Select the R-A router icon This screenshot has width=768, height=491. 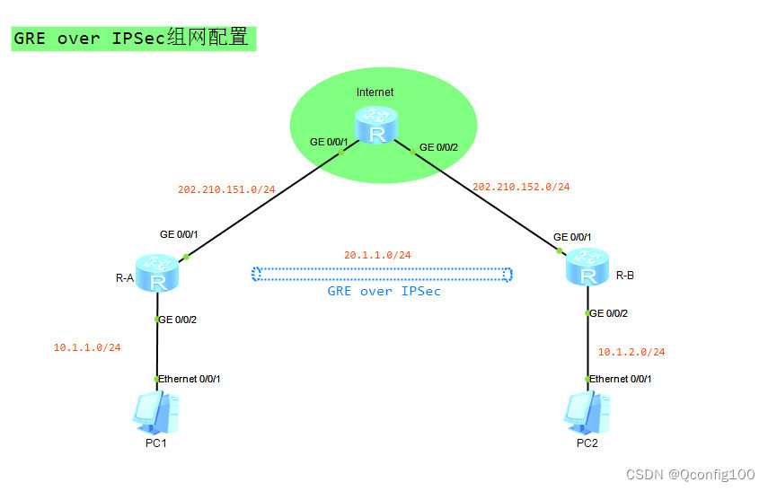159,274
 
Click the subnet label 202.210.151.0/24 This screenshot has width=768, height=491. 226,189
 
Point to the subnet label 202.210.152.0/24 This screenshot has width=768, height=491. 521,187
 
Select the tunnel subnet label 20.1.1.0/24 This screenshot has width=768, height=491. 377,255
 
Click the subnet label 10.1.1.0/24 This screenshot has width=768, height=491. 87,347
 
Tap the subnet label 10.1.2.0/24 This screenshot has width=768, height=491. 631,352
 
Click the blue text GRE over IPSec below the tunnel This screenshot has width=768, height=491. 384,292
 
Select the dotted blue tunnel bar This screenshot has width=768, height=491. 382,274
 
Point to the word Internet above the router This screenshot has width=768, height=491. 375,92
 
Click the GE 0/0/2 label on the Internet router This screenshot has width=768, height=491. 439,146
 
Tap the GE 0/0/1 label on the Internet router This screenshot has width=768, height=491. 329,142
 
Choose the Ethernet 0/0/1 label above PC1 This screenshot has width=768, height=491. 190,379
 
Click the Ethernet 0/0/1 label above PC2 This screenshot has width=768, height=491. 621,379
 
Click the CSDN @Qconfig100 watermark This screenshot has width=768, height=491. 690,474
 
